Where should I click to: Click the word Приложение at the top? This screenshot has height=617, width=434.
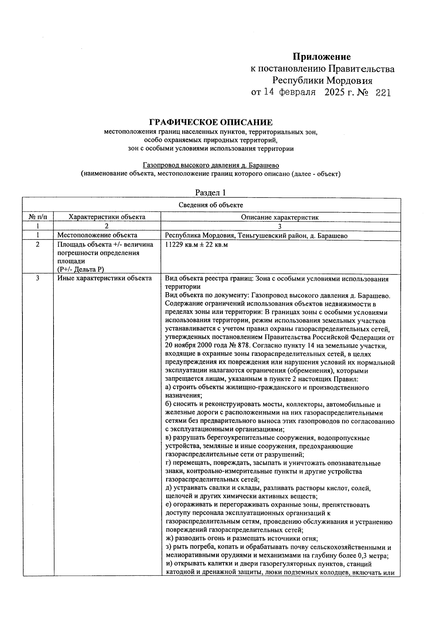coord(322,57)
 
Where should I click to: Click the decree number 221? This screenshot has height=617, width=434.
coord(383,93)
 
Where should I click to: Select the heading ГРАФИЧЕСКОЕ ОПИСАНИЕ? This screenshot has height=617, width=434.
coord(211,122)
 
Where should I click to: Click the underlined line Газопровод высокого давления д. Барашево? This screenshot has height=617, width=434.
coord(211,165)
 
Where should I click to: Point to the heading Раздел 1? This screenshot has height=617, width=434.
coord(210,192)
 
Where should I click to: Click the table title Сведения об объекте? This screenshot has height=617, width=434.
coord(211,205)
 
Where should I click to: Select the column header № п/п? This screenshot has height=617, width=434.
coord(38,217)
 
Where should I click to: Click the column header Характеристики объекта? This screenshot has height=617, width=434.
coord(107,217)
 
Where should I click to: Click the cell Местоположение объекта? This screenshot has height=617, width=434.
coord(97,235)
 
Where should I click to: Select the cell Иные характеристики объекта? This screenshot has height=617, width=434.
coord(105,278)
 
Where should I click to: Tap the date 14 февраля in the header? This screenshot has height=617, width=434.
coord(289,93)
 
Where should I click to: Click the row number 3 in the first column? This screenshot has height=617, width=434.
coord(38,278)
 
